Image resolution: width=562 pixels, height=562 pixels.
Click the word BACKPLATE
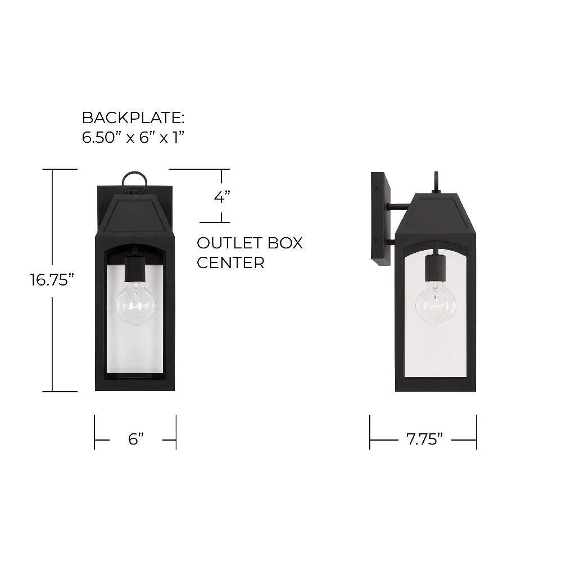tap(131, 117)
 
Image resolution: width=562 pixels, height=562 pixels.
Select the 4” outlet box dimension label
tap(222, 197)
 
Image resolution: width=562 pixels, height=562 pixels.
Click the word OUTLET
tap(225, 243)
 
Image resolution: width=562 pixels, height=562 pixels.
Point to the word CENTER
tap(230, 262)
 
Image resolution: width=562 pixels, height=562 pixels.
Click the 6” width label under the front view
tap(136, 439)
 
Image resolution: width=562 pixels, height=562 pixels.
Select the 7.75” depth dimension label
tap(424, 439)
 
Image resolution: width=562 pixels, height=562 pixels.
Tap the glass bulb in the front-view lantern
tap(135, 303)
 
